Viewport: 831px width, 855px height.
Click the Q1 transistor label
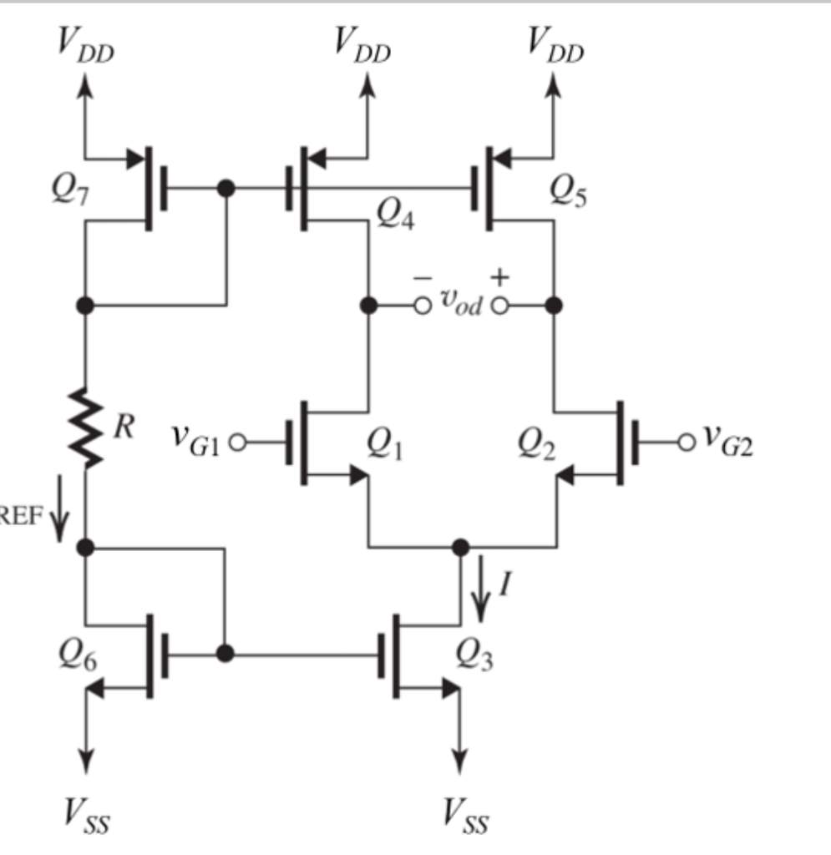point(387,443)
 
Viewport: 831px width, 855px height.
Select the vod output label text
point(461,306)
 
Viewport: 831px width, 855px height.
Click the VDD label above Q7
point(84,46)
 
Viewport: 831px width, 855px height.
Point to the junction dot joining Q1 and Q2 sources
point(460,547)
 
